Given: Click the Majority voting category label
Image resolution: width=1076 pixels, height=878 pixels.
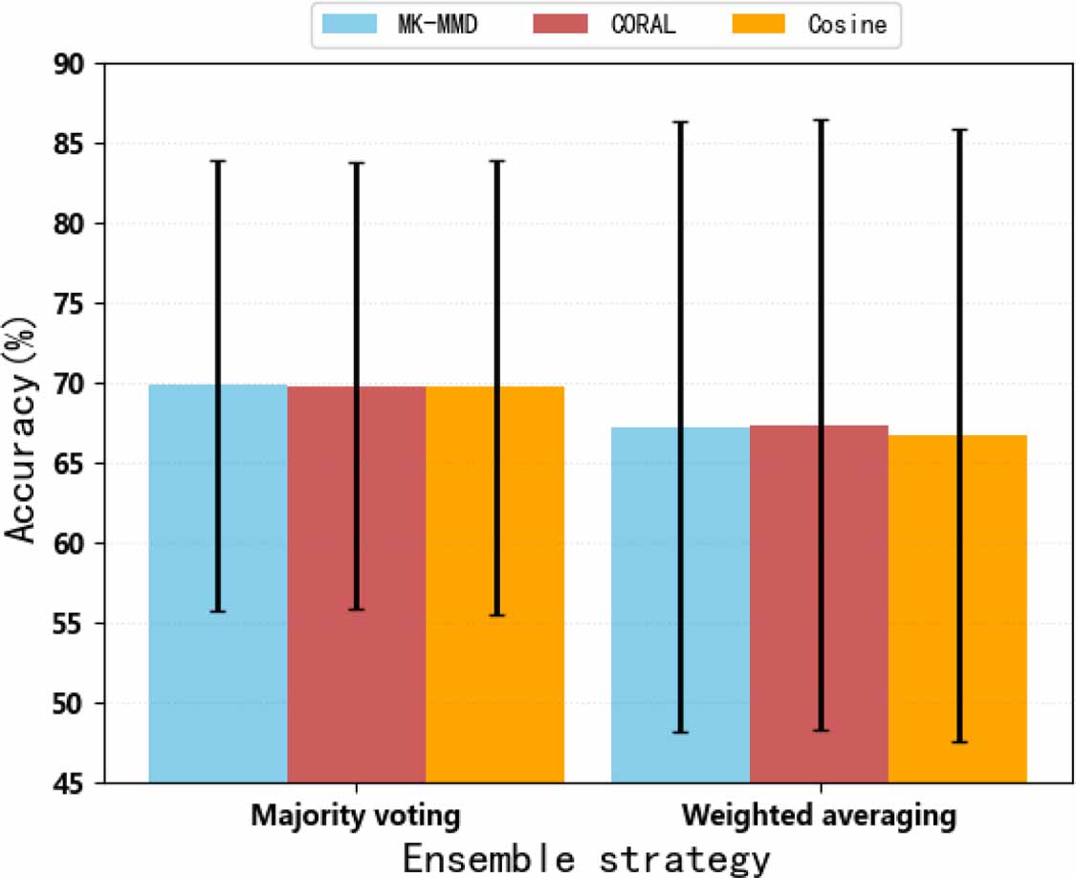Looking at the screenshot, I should coord(356,817).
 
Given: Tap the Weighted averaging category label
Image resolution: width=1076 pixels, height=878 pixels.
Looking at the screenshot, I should coord(819,817).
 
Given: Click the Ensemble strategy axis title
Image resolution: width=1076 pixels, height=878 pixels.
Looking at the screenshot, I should coord(585,858).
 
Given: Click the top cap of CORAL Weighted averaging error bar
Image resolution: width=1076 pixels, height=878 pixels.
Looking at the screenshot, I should coord(819,121).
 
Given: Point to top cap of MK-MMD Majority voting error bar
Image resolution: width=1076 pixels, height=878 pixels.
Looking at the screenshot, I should coord(218,162).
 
